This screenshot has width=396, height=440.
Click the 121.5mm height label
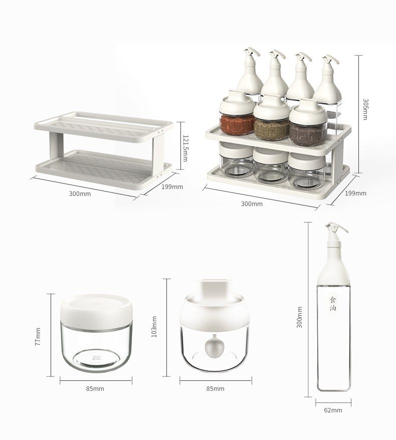pyautogui.click(x=185, y=148)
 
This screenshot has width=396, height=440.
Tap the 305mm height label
pyautogui.click(x=365, y=109)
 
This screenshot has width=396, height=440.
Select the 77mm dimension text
pyautogui.click(x=38, y=336)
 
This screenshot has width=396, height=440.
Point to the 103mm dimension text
pyautogui.click(x=154, y=327)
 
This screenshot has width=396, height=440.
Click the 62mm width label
pyautogui.click(x=333, y=410)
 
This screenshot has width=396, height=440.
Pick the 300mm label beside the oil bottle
pyautogui.click(x=299, y=317)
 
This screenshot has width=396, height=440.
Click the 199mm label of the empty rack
pyautogui.click(x=172, y=186)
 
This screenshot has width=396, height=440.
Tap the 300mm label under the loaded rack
pyautogui.click(x=252, y=204)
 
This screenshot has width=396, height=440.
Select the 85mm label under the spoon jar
pyautogui.click(x=215, y=389)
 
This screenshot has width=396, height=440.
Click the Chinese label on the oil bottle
pyautogui.click(x=333, y=304)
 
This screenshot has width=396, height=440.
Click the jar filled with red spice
pyautogui.click(x=237, y=113)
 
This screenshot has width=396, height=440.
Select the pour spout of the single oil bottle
pyautogui.click(x=336, y=228)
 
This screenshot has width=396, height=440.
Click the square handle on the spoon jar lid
pyautogui.click(x=215, y=287)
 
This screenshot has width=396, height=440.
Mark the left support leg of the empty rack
pyautogui.click(x=56, y=148)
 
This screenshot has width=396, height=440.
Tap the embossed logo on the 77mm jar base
pyautogui.click(x=96, y=358)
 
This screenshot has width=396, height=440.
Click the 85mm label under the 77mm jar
pyautogui.click(x=95, y=389)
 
